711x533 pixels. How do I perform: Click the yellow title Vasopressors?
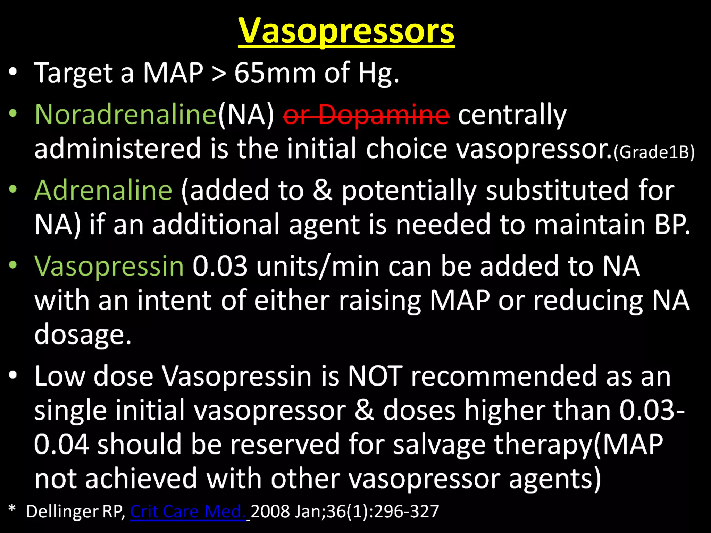[x=346, y=31]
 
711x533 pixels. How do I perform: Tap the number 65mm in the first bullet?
[x=275, y=73]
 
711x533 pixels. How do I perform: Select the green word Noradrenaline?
[x=126, y=115]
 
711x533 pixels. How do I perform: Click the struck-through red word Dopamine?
[x=384, y=115]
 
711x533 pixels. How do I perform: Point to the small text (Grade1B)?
[x=654, y=152]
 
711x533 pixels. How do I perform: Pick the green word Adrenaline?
[x=103, y=190]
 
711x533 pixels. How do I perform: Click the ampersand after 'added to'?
[x=322, y=190]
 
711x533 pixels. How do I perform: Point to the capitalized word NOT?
[x=375, y=376]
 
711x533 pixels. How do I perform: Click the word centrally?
[x=512, y=115]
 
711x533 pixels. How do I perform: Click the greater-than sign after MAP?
[x=219, y=74]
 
